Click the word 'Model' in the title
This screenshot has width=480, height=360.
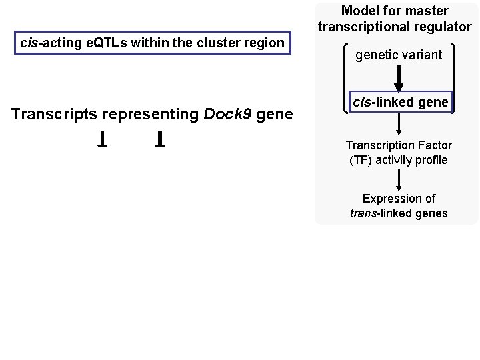point(358,11)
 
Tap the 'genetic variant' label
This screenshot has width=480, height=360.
point(398,55)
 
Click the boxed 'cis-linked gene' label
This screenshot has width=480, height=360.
point(401,102)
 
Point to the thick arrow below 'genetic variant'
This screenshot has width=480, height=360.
point(399,79)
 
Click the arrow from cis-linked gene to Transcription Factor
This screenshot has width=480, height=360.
point(399,123)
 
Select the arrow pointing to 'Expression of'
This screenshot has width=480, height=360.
point(399,179)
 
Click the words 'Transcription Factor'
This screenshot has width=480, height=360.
point(399,145)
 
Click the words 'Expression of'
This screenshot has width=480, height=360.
point(399,199)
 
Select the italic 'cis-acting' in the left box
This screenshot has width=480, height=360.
point(43,43)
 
